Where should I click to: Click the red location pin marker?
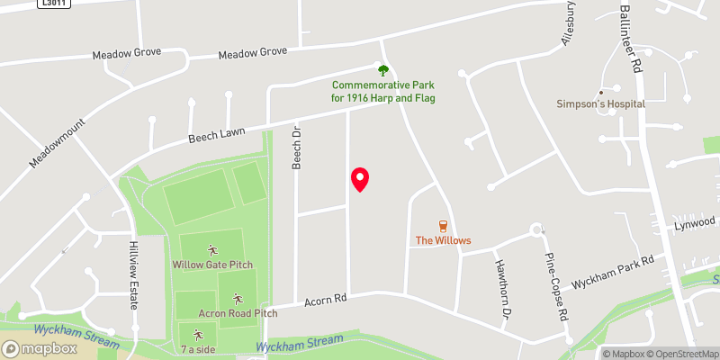tap(359, 179)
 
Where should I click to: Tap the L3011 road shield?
tap(52, 4)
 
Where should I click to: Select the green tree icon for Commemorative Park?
tap(382, 69)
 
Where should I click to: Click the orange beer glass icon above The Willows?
tap(443, 226)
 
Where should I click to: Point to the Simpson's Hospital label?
tap(600, 103)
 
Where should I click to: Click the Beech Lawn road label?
tap(215, 137)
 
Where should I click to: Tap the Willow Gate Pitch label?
tap(212, 265)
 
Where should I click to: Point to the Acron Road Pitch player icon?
tap(238, 299)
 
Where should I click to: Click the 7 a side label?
tap(198, 348)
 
